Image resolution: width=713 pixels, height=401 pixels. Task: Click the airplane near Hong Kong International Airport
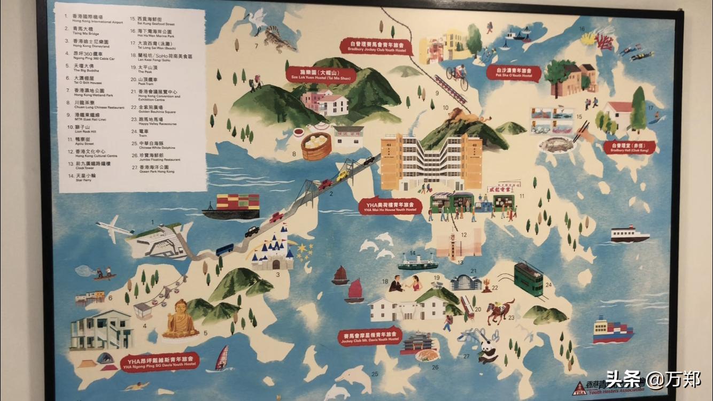coord(114,227)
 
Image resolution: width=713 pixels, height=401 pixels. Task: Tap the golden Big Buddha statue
coord(180,321)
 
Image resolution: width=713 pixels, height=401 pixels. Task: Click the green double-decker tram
coord(529,279)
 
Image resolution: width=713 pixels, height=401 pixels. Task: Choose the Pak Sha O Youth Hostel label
coord(514,73)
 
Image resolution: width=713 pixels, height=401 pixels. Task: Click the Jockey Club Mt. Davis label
coord(369,336)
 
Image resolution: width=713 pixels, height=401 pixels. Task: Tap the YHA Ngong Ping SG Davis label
coord(160,362)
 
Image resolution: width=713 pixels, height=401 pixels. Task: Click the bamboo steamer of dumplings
coord(316,146)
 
